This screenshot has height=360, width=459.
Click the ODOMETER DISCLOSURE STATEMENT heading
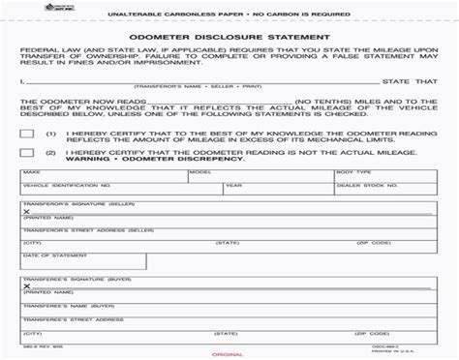click(229, 39)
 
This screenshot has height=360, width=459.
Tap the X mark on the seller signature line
click(26, 211)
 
